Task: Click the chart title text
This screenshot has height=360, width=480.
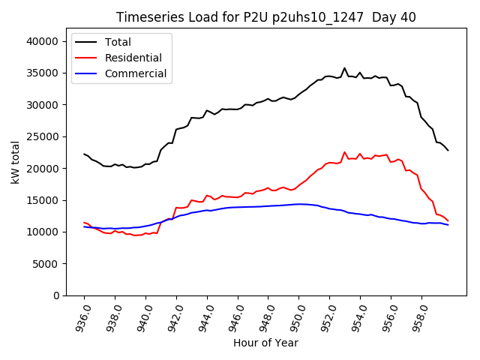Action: click(x=265, y=17)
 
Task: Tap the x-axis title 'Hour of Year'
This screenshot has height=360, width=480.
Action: click(x=265, y=343)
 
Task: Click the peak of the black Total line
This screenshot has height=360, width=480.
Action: click(x=345, y=68)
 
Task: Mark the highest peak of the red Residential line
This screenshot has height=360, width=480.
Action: click(x=345, y=152)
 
